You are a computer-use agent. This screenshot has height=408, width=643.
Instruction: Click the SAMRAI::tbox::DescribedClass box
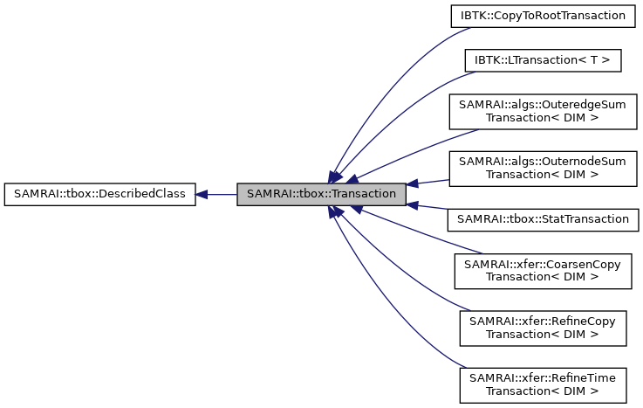coord(99,194)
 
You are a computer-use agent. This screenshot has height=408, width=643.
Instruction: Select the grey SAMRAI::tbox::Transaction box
coord(321,194)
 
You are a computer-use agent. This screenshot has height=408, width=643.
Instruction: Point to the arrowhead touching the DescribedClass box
coord(202,194)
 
